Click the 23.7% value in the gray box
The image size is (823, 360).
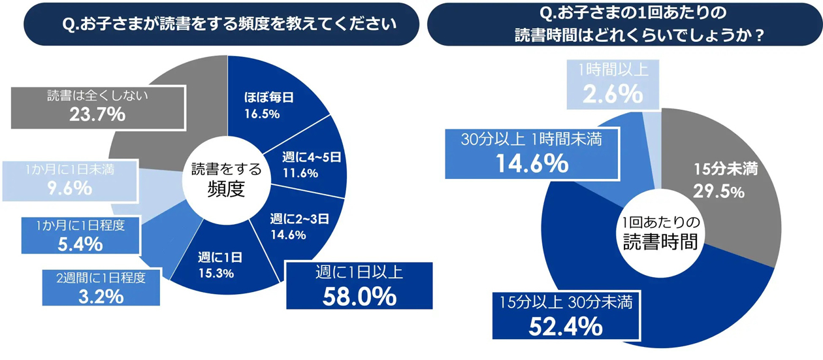pyautogui.click(x=97, y=114)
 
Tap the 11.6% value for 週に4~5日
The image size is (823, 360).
pyautogui.click(x=300, y=173)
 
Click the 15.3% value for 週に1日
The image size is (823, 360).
pyautogui.click(x=216, y=273)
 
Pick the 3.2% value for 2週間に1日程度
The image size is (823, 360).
pyautogui.click(x=101, y=296)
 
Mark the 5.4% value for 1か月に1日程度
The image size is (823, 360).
pyautogui.click(x=80, y=244)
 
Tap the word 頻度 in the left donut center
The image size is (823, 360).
pyautogui.click(x=226, y=190)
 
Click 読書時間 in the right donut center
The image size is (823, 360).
pyautogui.click(x=660, y=242)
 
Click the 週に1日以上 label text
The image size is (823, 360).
pyautogui.click(x=359, y=272)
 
